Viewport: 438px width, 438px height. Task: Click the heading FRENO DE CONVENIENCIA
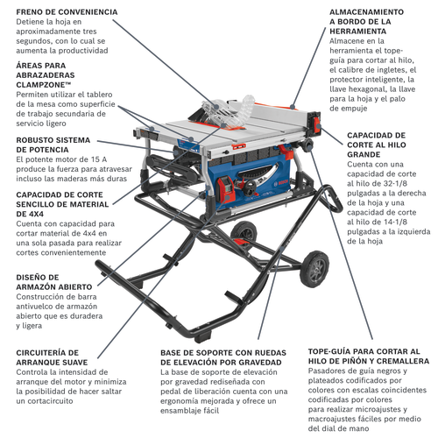click(67, 12)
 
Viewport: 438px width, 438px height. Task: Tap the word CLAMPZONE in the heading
click(41, 85)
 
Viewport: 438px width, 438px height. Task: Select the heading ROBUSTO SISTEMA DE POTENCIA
click(53, 145)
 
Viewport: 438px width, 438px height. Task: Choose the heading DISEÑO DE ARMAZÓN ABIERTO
click(54, 282)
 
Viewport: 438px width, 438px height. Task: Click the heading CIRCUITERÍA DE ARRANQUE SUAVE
click(52, 357)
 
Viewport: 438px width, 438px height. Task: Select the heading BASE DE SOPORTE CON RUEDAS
click(223, 353)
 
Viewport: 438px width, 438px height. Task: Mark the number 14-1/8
click(394, 222)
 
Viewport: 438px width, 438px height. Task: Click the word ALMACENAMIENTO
click(366, 12)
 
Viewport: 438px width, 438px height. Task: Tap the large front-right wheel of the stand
click(314, 269)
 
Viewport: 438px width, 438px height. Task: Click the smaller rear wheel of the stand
click(244, 233)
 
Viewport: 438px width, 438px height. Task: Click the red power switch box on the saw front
click(225, 190)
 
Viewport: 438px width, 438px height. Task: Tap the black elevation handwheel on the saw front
click(251, 188)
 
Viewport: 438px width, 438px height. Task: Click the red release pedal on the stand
click(241, 242)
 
